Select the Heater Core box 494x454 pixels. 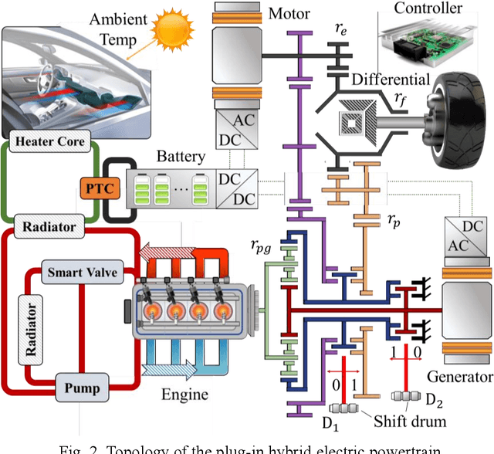coord(49,141)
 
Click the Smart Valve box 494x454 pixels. coord(77,273)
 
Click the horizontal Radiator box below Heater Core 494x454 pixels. coord(48,226)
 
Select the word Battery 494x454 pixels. coord(181,157)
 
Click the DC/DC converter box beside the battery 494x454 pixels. coord(238,187)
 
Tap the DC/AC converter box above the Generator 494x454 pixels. coord(466,235)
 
